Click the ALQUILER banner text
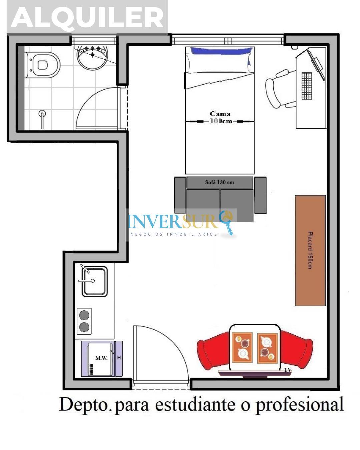(x=87, y=17)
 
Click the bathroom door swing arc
(x=90, y=100)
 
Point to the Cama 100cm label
(x=220, y=117)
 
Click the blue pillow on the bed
(x=221, y=51)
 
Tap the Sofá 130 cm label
(x=219, y=182)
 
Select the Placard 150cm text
(x=310, y=250)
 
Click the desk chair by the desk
(x=279, y=89)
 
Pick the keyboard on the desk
(x=307, y=86)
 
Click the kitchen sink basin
(x=94, y=281)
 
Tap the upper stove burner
(x=84, y=315)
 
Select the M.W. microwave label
(x=101, y=358)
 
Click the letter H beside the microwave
(x=119, y=358)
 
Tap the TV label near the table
(x=288, y=370)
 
